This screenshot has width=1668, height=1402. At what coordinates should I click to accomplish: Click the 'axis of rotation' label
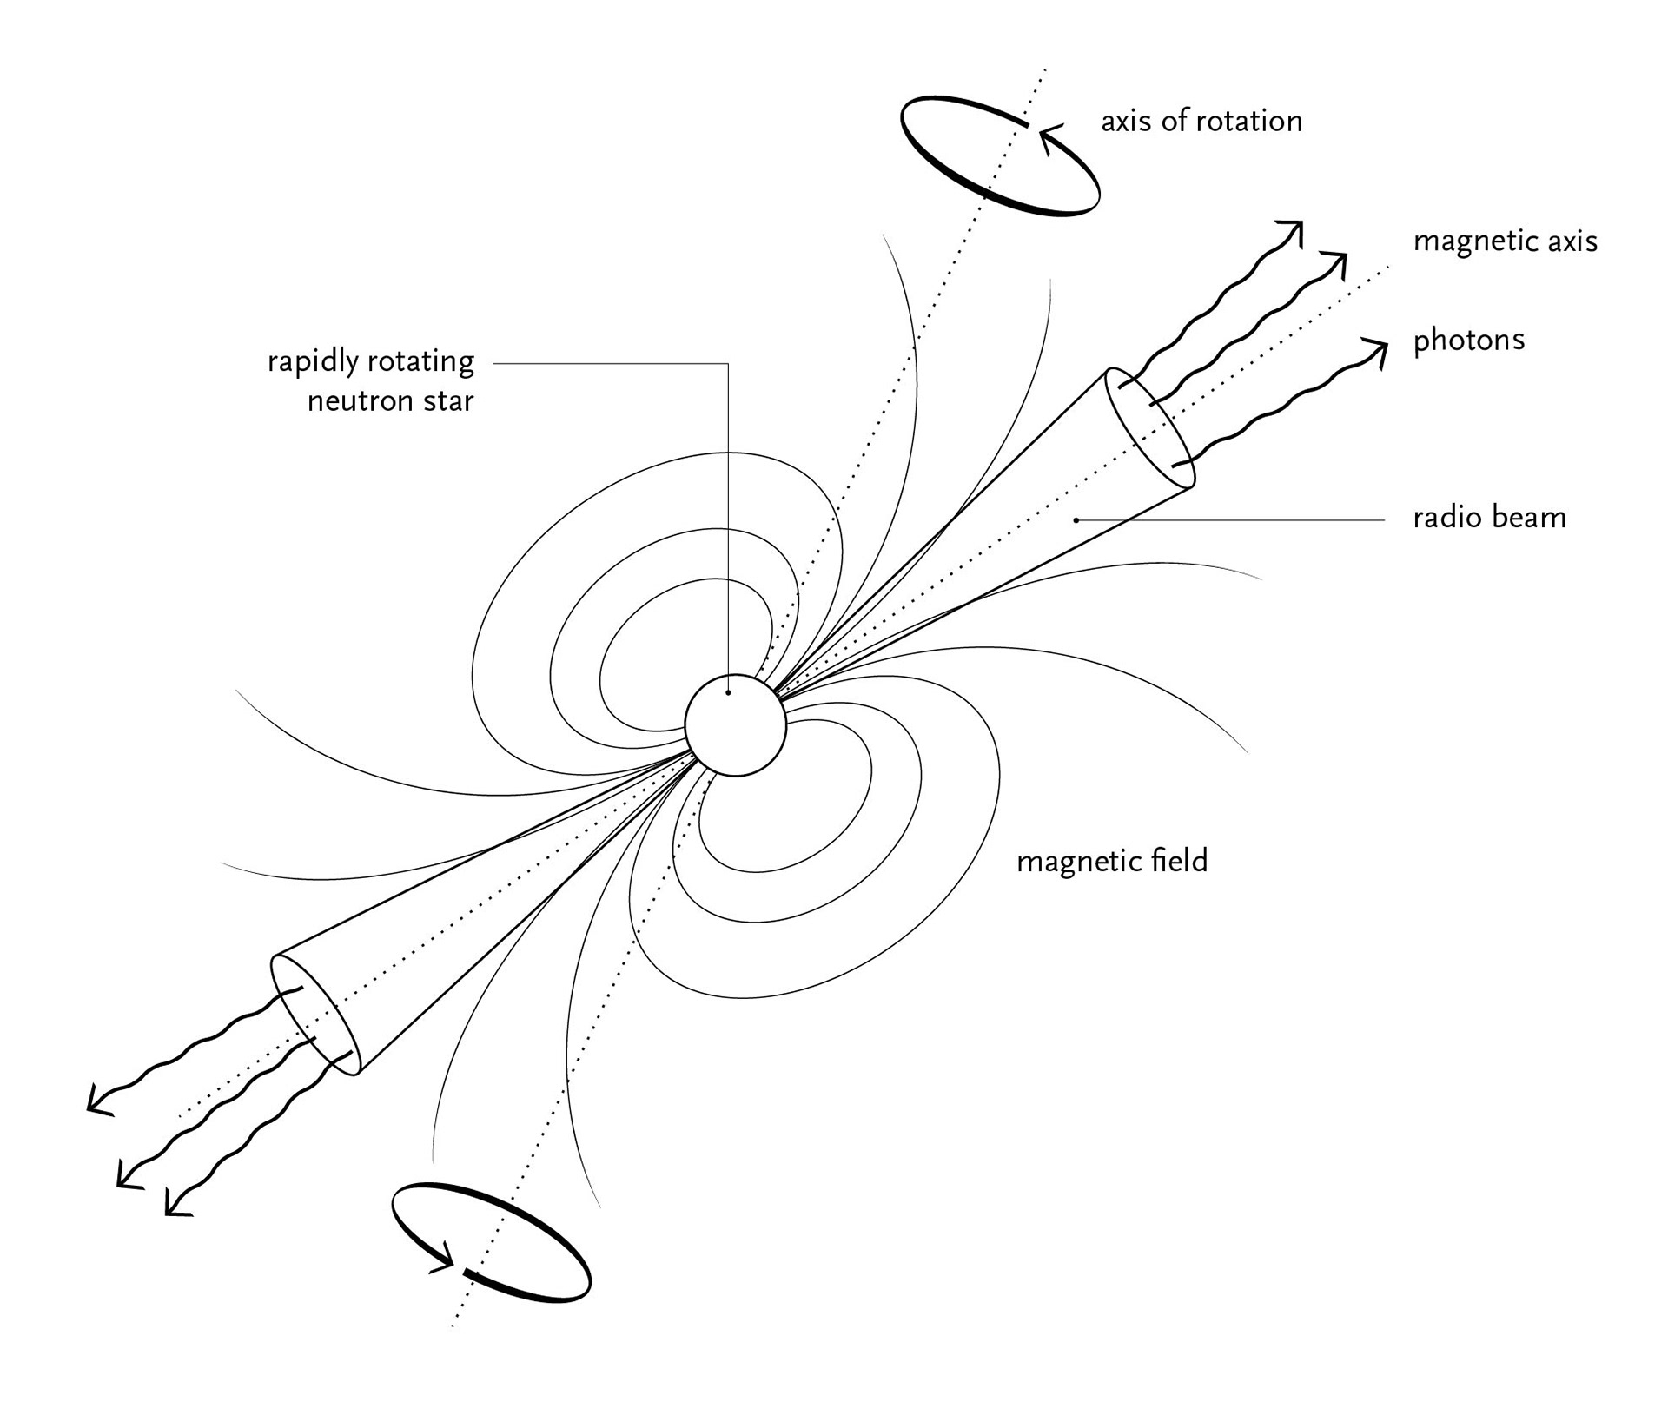1201,122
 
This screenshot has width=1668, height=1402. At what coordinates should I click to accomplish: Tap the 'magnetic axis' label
1505,241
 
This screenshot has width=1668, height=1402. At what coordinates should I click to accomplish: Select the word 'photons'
1468,341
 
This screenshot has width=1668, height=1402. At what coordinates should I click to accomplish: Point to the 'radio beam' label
1489,519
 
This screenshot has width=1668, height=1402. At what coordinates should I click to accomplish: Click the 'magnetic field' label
1112,862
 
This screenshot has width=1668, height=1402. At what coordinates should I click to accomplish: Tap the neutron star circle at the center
735,725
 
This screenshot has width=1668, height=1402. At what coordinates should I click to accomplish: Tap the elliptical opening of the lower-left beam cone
315,1015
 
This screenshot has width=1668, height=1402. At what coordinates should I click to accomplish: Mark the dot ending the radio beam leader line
1076,520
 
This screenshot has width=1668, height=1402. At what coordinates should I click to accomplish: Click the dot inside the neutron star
728,692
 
